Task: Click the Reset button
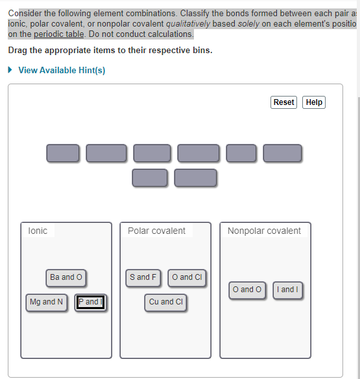[283, 102]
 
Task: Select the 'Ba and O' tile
[66, 277]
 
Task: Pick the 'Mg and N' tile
[47, 302]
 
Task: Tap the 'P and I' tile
[90, 302]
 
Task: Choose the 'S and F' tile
[143, 277]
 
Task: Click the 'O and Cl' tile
[186, 277]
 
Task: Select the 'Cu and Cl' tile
[166, 302]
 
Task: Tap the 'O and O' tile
[247, 290]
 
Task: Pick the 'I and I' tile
[287, 290]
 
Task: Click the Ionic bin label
[38, 231]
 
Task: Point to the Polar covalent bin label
[156, 231]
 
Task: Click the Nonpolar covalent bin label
[264, 231]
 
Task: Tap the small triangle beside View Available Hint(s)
[11, 70]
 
